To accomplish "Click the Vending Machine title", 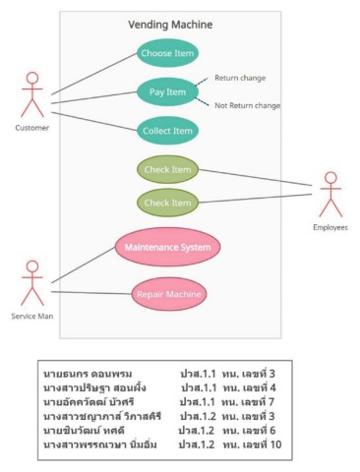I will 169,25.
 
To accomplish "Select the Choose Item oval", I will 167,53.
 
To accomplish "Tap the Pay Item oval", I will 167,92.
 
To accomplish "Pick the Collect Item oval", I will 168,131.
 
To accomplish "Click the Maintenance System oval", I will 167,247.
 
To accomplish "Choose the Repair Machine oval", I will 168,293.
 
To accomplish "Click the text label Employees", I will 330,227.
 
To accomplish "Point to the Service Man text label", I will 32,317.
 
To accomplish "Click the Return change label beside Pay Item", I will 240,78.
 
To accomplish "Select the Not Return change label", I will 247,105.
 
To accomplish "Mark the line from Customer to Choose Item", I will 93,73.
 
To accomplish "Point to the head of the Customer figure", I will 32,80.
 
